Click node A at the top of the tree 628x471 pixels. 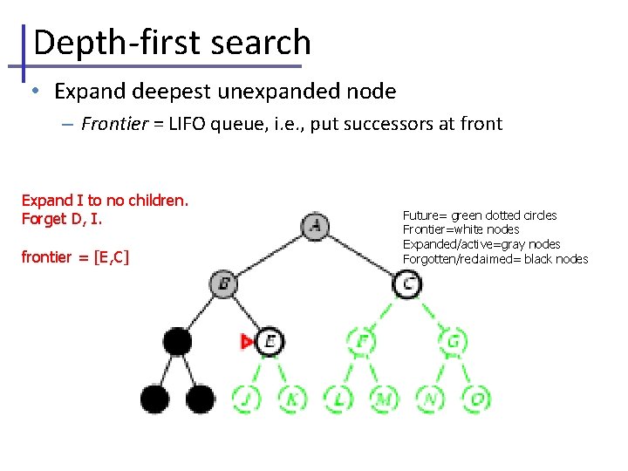[315, 227]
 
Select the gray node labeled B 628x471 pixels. [223, 283]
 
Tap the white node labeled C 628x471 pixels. [407, 283]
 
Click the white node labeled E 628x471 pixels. [270, 341]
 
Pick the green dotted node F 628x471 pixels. [360, 341]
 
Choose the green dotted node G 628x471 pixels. [454, 341]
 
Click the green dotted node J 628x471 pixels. [247, 399]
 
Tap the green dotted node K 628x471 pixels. [292, 399]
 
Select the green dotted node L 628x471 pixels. [338, 399]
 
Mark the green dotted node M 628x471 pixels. [384, 399]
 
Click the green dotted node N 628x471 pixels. [430, 399]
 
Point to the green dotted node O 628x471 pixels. [476, 399]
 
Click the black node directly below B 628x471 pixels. [177, 341]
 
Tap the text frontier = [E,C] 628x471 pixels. [75, 257]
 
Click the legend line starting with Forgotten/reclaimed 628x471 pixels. [495, 259]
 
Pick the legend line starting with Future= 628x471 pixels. [479, 215]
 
